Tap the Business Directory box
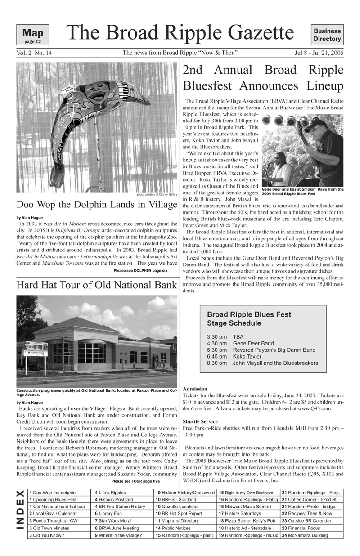(x=327, y=35)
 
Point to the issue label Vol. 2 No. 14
(x=34, y=53)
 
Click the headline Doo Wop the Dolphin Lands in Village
(x=97, y=205)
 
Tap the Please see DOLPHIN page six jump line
(x=140, y=270)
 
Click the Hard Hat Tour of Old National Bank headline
(x=96, y=285)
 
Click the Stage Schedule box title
(x=249, y=318)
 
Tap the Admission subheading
(x=195, y=389)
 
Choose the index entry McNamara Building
(x=311, y=535)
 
